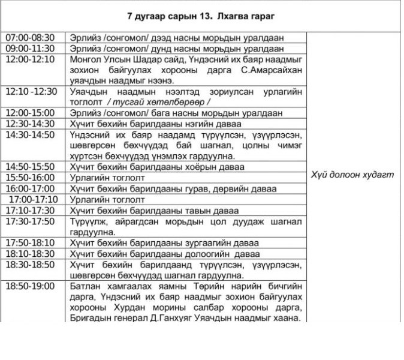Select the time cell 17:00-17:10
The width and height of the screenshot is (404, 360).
(x=34, y=199)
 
